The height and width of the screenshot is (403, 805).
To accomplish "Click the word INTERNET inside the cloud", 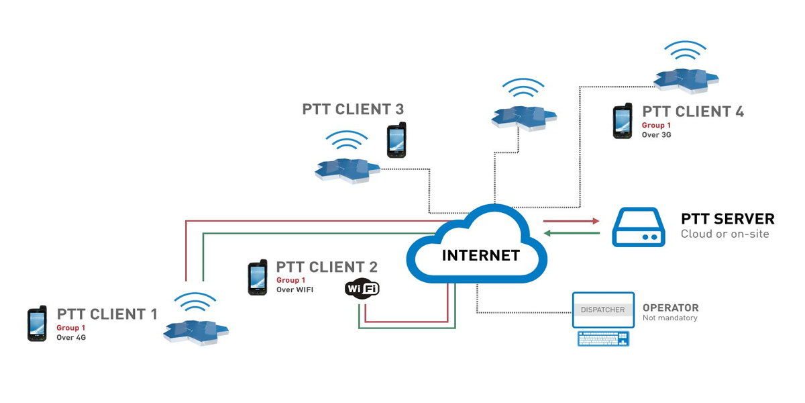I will click(480, 255).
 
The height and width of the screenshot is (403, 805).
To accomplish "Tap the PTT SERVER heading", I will click(727, 219).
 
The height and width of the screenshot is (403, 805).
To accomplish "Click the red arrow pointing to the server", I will click(571, 220).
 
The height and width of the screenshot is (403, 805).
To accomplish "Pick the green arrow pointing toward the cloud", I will click(571, 233).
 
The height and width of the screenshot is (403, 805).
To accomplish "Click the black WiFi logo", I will click(362, 288).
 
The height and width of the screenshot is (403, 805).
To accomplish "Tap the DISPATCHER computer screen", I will click(603, 310).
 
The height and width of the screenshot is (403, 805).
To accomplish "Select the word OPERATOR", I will click(670, 308).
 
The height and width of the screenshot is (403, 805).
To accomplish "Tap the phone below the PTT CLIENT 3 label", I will click(396, 140).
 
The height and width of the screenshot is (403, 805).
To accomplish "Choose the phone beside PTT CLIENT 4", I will click(623, 121).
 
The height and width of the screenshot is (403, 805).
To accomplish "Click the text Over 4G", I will click(71, 338).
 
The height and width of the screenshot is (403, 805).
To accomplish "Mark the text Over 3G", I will click(656, 135).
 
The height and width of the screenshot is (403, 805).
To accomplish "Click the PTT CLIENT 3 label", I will click(353, 109).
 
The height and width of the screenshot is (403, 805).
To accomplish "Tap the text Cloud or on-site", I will click(724, 234).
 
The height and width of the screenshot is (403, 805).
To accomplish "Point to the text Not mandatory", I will click(669, 318).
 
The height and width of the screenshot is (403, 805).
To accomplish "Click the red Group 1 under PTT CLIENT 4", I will click(657, 126).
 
